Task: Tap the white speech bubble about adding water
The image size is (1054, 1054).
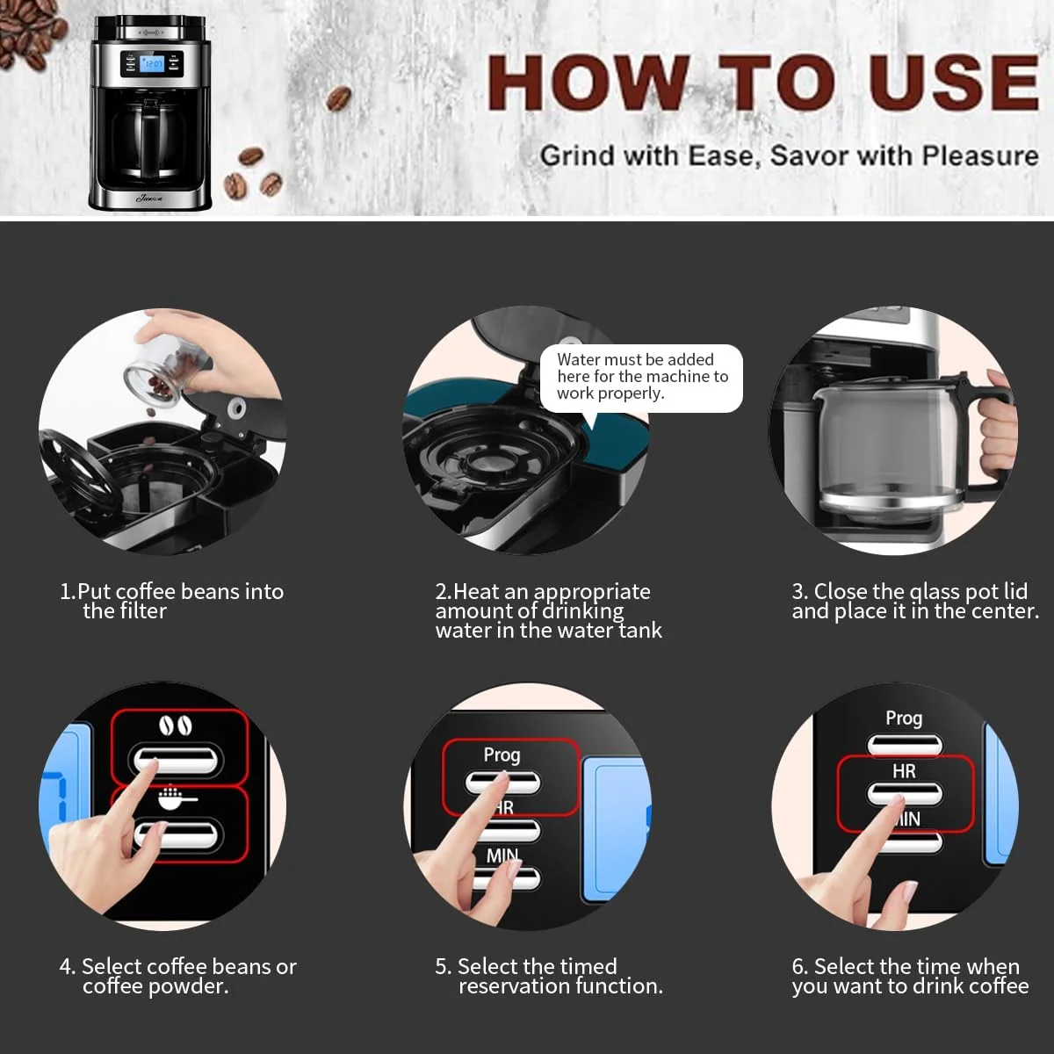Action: tap(641, 379)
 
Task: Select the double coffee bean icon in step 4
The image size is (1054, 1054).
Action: tap(176, 726)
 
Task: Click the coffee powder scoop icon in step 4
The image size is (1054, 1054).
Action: tap(177, 798)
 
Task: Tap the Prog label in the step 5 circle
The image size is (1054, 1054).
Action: tap(502, 755)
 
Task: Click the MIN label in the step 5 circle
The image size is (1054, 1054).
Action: tap(502, 855)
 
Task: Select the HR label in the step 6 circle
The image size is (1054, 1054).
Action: tap(904, 771)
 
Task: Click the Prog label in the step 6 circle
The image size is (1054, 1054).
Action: tap(904, 718)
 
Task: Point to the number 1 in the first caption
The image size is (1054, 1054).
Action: tap(64, 592)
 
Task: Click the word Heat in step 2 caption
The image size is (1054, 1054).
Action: tap(476, 592)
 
